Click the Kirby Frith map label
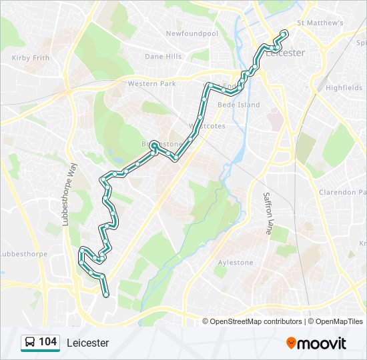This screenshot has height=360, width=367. click(31, 58)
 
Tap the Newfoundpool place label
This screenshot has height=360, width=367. click(192, 33)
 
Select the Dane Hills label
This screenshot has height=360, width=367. click(163, 57)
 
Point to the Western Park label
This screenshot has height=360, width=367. click(151, 84)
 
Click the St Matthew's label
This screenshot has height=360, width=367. click(320, 23)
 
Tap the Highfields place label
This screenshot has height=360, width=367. click(344, 87)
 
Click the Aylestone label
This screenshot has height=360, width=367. click(236, 263)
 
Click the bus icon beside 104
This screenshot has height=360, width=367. click(30, 343)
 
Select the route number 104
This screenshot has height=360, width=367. click(47, 342)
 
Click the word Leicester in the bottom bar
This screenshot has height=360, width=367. click(87, 343)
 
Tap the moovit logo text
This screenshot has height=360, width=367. click(322, 343)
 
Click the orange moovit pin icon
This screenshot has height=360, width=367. click(291, 343)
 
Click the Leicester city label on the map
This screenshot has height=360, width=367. click(286, 53)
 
